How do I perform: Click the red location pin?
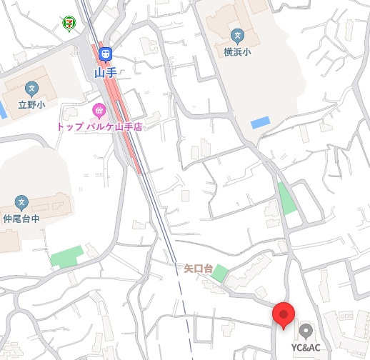[x=284, y=314]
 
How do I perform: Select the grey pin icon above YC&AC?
[x=306, y=331]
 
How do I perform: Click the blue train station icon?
[x=106, y=54]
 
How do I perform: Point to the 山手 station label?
[x=106, y=72]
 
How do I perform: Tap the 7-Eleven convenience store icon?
[x=69, y=22]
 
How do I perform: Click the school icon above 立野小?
[x=31, y=89]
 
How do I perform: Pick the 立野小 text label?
[x=31, y=105]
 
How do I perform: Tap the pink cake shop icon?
[x=99, y=110]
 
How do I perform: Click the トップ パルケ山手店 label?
[x=100, y=126]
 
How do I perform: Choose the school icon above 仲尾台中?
[x=21, y=203]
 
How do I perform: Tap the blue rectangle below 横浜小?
[x=261, y=121]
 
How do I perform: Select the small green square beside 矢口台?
[x=220, y=273]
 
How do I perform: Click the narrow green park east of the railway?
[x=287, y=199]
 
